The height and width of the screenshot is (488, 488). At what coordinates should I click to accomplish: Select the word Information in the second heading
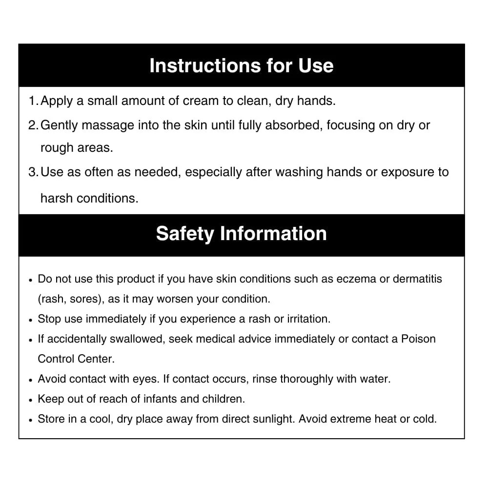[x=273, y=233]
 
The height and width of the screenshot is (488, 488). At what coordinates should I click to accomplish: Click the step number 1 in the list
[x=32, y=101]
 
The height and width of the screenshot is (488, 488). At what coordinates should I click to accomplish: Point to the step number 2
[x=32, y=125]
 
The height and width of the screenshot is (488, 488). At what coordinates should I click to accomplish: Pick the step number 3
[x=32, y=172]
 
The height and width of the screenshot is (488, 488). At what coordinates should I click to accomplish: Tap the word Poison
[x=418, y=339]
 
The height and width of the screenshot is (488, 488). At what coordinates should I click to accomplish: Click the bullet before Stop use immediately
[x=31, y=320]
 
